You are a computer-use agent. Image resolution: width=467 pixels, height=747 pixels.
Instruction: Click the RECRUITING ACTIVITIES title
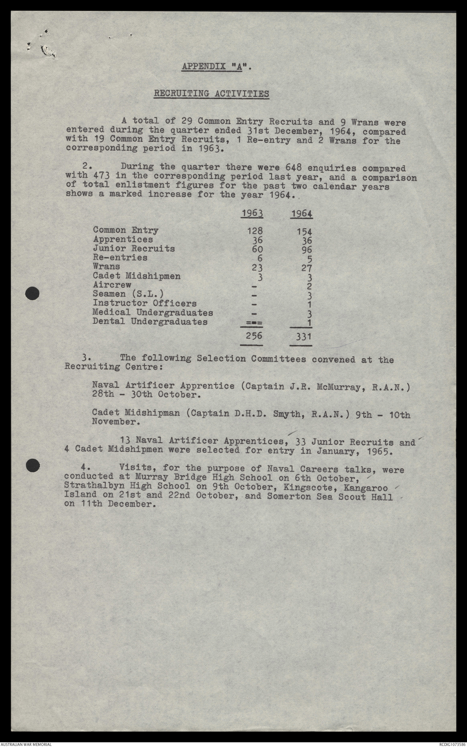pos(211,94)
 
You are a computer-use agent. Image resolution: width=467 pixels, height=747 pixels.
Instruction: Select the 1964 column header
pos(301,213)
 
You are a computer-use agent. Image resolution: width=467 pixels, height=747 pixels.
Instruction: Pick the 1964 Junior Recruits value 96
pos(306,250)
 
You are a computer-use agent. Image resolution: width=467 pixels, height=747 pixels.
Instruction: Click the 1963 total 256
pos(254,336)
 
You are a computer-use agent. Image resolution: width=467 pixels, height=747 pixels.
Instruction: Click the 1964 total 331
pos(303,337)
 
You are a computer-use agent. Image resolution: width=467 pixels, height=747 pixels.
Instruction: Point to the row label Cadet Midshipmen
pos(137,276)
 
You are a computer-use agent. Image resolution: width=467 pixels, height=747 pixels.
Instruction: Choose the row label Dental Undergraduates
pos(150,322)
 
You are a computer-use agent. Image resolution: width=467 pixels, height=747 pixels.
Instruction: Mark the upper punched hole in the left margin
pos(33,293)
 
